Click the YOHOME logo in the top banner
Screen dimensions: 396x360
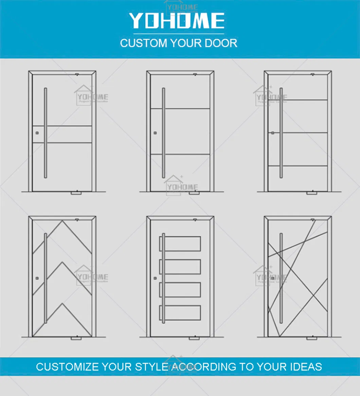[x=177, y=21]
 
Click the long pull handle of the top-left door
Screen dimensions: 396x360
[x=46, y=133]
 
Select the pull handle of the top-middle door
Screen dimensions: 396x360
[x=163, y=133]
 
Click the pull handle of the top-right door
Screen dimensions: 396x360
[x=281, y=133]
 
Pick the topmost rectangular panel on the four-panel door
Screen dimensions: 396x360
[x=180, y=244]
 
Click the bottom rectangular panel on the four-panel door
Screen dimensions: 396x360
[x=180, y=313]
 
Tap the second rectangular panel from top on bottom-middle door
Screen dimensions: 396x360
[x=180, y=267]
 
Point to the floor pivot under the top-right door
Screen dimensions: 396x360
[x=311, y=193]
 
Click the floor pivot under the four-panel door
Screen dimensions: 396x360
[x=194, y=338]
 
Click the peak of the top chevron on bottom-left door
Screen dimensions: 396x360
[x=62, y=221]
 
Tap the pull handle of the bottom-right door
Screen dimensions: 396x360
[x=281, y=278]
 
